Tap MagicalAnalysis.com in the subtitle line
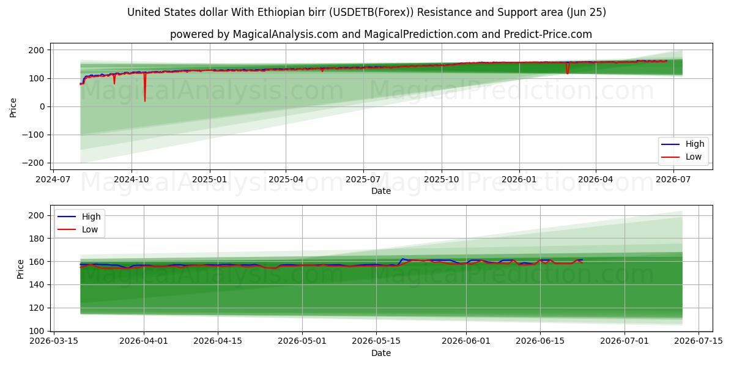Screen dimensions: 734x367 pyautogui.click(x=286, y=34)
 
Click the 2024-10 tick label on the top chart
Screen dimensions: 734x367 pyautogui.click(x=131, y=180)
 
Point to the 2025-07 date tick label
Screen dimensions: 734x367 pyautogui.click(x=363, y=180)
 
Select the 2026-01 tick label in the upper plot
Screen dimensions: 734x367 pyautogui.click(x=519, y=180)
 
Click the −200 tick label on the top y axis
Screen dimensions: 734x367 pyautogui.click(x=33, y=163)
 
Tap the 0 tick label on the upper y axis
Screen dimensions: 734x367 pyautogui.click(x=42, y=106)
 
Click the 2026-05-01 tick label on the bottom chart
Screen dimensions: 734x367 pyautogui.click(x=302, y=341)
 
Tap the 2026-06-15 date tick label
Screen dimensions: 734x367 pyautogui.click(x=540, y=341)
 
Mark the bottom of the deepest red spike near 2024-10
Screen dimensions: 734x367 pyautogui.click(x=145, y=102)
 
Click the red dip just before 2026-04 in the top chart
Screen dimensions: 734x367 pyautogui.click(x=568, y=73)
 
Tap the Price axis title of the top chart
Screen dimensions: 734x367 pyautogui.click(x=13, y=108)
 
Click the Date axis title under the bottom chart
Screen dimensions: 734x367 pyautogui.click(x=380, y=354)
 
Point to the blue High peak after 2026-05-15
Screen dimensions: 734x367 pyautogui.click(x=402, y=259)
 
